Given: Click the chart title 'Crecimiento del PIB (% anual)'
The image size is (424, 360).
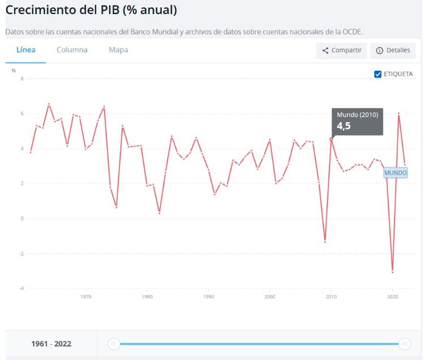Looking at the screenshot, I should click(91, 10).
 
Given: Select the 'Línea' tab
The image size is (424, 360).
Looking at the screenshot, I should click(26, 50).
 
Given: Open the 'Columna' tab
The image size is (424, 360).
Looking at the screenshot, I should click(72, 50).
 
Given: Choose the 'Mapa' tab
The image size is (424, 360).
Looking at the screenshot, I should click(118, 50).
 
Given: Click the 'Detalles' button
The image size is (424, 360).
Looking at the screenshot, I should click(392, 51).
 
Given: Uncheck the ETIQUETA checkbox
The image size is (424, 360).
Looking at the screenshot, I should click(378, 74).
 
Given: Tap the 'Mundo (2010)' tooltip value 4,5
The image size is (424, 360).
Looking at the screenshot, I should click(344, 126).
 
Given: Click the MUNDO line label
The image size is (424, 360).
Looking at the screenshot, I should click(395, 172).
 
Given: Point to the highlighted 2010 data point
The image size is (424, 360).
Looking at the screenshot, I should click(331, 139).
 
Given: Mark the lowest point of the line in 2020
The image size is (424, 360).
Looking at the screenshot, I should click(392, 272).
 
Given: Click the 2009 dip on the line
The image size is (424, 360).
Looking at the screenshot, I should click(325, 242).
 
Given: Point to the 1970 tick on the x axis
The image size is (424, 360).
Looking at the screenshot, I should click(86, 296).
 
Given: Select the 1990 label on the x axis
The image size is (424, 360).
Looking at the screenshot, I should click(209, 296).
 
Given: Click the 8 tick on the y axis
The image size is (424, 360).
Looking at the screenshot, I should click(22, 79).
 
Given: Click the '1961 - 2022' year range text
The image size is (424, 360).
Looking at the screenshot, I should click(51, 344).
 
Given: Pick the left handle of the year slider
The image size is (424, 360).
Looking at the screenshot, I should click(114, 343).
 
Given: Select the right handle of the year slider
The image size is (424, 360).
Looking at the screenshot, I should click(405, 343).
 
